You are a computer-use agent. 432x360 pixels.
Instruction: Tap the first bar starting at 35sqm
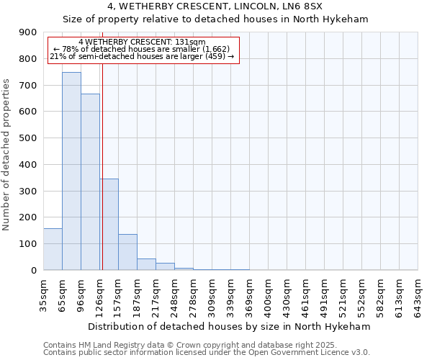click(53, 249)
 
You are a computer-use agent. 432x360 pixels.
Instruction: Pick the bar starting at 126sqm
click(109, 224)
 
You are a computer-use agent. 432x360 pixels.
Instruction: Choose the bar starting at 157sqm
click(127, 252)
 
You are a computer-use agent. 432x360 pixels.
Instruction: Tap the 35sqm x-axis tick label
click(43, 294)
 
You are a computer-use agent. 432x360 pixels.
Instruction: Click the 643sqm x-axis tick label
click(418, 294)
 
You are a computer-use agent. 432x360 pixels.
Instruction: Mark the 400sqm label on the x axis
click(268, 294)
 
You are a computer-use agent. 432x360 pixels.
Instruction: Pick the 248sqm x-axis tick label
click(174, 294)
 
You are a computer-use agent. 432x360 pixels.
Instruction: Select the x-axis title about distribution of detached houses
click(230, 326)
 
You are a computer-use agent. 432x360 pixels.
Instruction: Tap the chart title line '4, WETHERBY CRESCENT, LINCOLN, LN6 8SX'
click(215, 7)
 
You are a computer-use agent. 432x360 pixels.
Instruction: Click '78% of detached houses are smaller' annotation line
click(141, 49)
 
